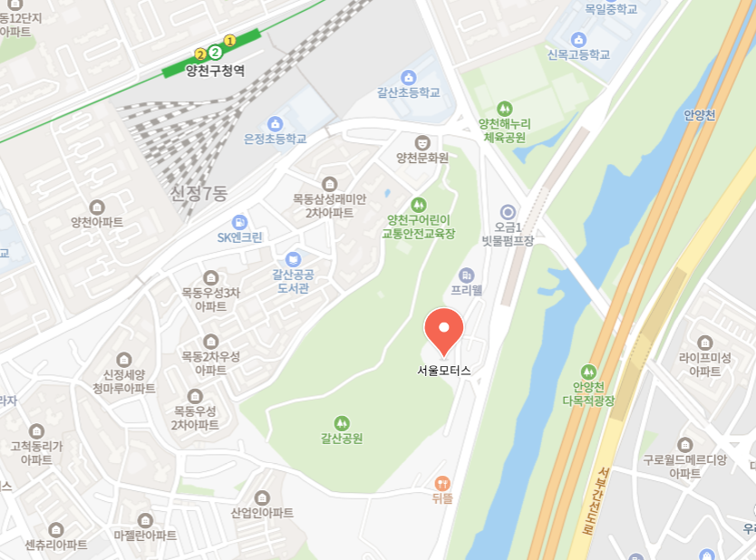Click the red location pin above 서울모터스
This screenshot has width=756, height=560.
pos(444,329)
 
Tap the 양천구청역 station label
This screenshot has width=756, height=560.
pos(215,69)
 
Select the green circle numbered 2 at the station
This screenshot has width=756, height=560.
pos(215,53)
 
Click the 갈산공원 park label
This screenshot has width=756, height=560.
pos(342,439)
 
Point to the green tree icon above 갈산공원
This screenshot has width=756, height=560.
pos(342,422)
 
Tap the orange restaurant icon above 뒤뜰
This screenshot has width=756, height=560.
pos(442,483)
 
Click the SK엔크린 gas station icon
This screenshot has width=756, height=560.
pos(239,222)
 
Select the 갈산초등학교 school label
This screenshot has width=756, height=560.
pos(408,92)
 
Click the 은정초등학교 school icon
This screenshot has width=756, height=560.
pos(276,123)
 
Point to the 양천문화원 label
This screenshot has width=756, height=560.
pos(422,157)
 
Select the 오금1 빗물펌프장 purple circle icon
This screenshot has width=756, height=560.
pos(508,212)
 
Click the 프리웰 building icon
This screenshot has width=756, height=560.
pos(467,275)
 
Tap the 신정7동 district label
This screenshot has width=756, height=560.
pos(199,192)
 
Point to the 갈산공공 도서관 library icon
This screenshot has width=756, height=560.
pos(293,259)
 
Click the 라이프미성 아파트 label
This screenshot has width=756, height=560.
pos(704,364)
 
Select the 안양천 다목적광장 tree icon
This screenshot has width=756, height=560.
pos(588,372)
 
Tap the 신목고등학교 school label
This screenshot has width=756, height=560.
pos(578,54)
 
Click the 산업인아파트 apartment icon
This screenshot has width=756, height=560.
pos(262,497)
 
